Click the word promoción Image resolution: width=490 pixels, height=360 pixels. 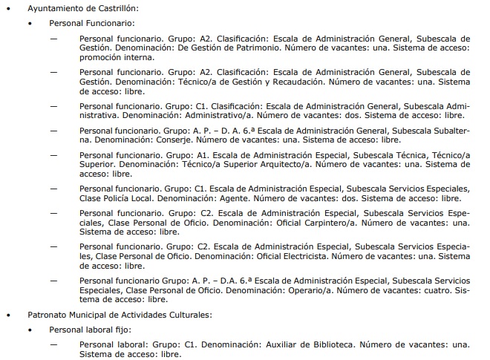(x=101, y=57)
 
